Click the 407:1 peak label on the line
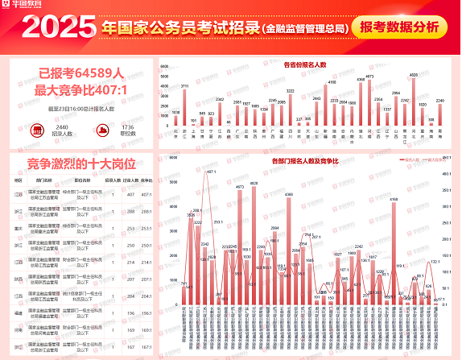(211, 172)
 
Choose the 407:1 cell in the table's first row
(146, 195)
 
